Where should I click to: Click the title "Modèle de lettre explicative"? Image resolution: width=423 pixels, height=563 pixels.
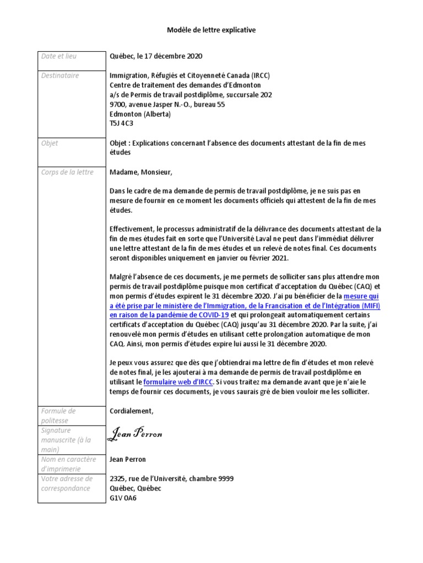tap(211, 30)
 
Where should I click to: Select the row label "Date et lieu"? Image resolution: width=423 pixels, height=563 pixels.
tap(59, 56)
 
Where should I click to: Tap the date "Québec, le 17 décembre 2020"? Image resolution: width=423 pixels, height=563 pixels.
tap(156, 56)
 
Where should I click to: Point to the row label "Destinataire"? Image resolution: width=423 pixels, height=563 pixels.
tap(60, 75)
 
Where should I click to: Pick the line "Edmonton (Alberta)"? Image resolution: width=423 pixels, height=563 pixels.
tap(140, 114)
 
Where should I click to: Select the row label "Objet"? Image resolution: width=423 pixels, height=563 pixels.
tap(50, 143)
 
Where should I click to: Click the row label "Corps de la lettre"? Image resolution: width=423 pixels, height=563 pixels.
tap(67, 172)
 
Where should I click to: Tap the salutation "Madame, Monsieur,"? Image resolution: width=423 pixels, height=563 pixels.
tap(141, 172)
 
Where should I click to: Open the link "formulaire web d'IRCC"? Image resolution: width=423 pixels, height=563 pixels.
tap(177, 382)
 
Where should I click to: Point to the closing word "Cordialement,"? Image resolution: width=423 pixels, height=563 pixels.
tap(132, 411)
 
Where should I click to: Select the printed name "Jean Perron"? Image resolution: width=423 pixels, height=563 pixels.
tap(128, 459)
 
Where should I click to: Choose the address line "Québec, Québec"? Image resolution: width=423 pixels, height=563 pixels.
tap(135, 488)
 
